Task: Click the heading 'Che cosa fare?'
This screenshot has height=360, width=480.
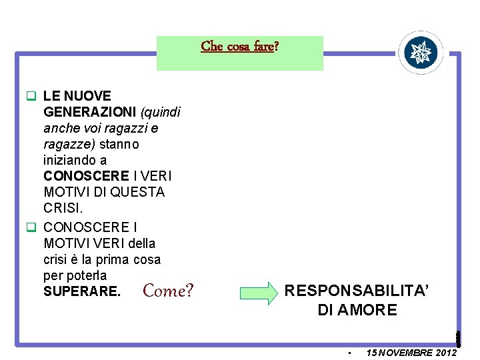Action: pos(240,47)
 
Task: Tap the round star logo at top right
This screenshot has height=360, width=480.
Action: pos(421,52)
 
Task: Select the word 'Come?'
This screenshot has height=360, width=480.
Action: pos(168,291)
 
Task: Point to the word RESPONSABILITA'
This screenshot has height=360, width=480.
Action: pos(357,291)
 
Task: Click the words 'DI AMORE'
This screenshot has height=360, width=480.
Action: pos(357,310)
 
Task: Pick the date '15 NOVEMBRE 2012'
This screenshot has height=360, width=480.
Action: pos(411,352)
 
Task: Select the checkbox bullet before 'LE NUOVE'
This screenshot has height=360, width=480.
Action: pos(31,96)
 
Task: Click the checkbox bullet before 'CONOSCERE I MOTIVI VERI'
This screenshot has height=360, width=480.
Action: pos(31,227)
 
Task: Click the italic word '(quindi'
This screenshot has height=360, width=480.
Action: pos(160,112)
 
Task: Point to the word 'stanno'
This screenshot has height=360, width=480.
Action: pos(121,144)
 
